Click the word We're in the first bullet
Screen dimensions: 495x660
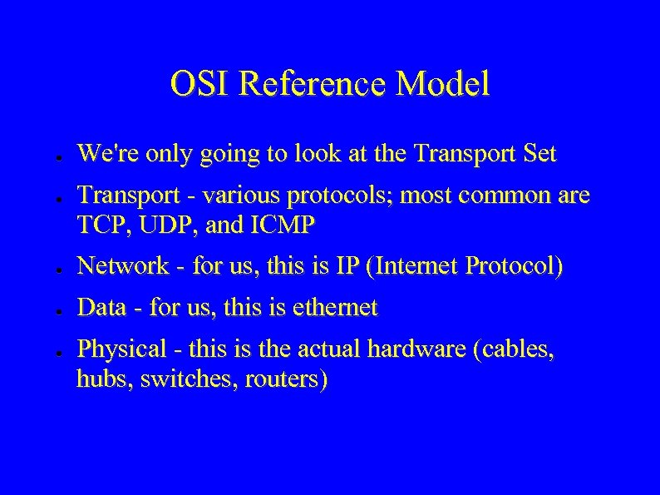coord(102,153)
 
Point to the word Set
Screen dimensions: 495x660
coord(539,153)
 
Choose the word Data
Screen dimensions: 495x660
coord(101,309)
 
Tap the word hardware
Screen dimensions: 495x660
coord(415,351)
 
